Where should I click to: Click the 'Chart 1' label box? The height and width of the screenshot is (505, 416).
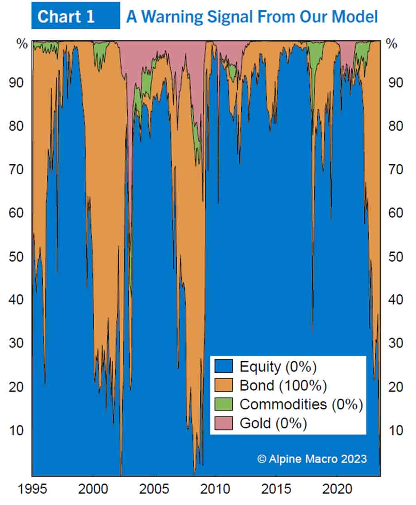(x=75, y=16)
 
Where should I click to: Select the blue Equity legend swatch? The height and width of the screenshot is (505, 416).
(x=223, y=366)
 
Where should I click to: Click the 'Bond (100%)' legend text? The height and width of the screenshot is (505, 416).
(x=283, y=385)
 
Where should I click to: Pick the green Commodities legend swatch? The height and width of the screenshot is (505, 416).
(x=223, y=404)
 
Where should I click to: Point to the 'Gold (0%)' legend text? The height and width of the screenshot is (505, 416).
(x=273, y=423)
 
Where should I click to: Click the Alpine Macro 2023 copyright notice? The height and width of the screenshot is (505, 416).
(x=312, y=459)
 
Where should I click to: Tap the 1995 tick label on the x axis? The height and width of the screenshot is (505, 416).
(x=32, y=489)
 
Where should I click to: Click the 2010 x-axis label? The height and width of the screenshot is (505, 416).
(x=215, y=489)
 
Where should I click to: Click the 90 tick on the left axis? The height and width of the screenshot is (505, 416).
(x=16, y=82)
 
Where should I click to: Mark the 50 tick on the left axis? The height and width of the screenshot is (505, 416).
(x=16, y=256)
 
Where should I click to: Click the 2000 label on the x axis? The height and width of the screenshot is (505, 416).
(x=93, y=489)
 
